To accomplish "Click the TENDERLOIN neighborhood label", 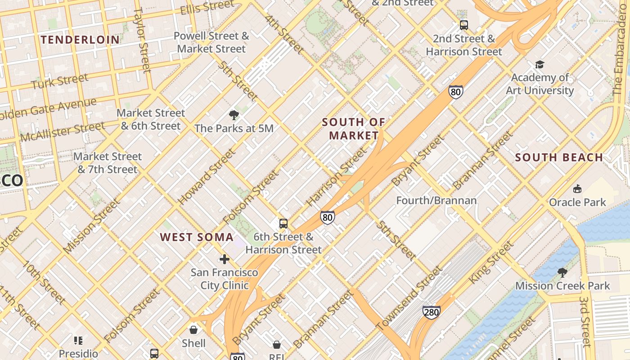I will click(81, 40).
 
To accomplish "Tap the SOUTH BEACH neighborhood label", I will click(559, 157).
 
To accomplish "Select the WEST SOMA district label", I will click(197, 237).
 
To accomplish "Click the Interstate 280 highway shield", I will click(431, 311).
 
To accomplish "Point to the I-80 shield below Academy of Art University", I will click(455, 92).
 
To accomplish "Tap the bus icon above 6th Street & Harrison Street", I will click(283, 223).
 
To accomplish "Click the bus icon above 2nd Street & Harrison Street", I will click(463, 25).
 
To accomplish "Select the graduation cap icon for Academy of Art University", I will click(540, 65).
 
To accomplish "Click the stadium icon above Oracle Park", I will click(577, 189).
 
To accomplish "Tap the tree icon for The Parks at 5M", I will click(234, 115).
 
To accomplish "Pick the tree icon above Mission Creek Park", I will click(562, 272).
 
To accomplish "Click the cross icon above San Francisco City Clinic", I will click(224, 259).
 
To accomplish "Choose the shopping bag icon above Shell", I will click(193, 330).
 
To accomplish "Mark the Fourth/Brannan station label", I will click(436, 200).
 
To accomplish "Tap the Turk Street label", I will click(60, 81).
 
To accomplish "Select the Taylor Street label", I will click(142, 40).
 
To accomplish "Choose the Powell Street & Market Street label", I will click(211, 42).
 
